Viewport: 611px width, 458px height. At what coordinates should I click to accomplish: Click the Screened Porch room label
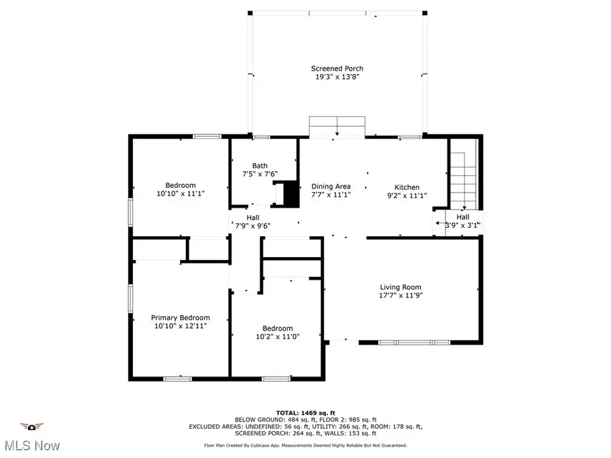[337, 69]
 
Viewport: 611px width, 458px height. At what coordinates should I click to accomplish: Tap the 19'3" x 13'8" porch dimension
[337, 77]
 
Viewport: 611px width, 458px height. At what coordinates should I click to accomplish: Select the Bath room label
[260, 166]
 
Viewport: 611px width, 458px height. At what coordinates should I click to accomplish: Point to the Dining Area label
[331, 187]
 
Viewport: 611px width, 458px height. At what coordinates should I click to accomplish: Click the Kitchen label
[407, 187]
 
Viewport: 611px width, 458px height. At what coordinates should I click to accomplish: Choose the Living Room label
[401, 287]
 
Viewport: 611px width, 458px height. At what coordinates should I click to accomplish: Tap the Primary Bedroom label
[181, 318]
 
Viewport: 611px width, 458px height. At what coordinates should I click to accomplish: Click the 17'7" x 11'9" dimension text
[401, 296]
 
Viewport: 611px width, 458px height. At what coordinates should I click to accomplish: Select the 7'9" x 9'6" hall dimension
[253, 226]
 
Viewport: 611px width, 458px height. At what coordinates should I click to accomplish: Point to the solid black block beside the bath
[291, 195]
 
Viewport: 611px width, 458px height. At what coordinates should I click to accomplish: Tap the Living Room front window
[414, 343]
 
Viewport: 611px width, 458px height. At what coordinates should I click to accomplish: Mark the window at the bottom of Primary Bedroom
[177, 379]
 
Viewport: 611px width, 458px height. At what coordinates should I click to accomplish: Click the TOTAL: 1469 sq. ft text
[305, 413]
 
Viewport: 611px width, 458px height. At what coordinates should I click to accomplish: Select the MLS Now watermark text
[33, 446]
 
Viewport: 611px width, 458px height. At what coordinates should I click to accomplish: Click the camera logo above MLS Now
[31, 427]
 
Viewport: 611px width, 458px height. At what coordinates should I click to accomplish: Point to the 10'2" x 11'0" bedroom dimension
[278, 337]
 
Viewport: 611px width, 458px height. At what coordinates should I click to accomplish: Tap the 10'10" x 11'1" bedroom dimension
[181, 193]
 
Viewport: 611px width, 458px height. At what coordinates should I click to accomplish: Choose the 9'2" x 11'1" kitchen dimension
[407, 196]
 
